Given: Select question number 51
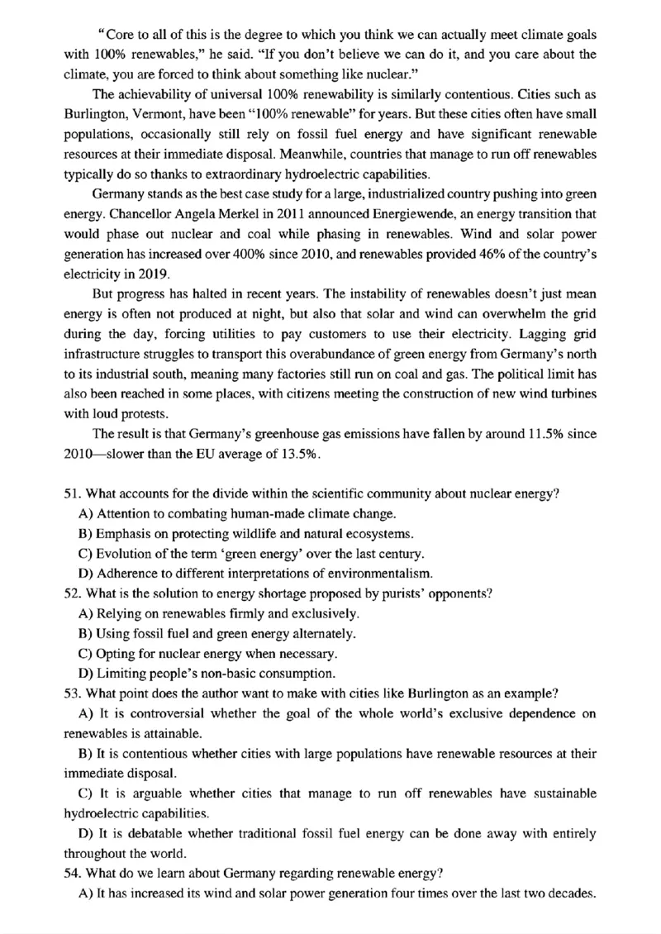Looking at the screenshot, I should pyautogui.click(x=71, y=494).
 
